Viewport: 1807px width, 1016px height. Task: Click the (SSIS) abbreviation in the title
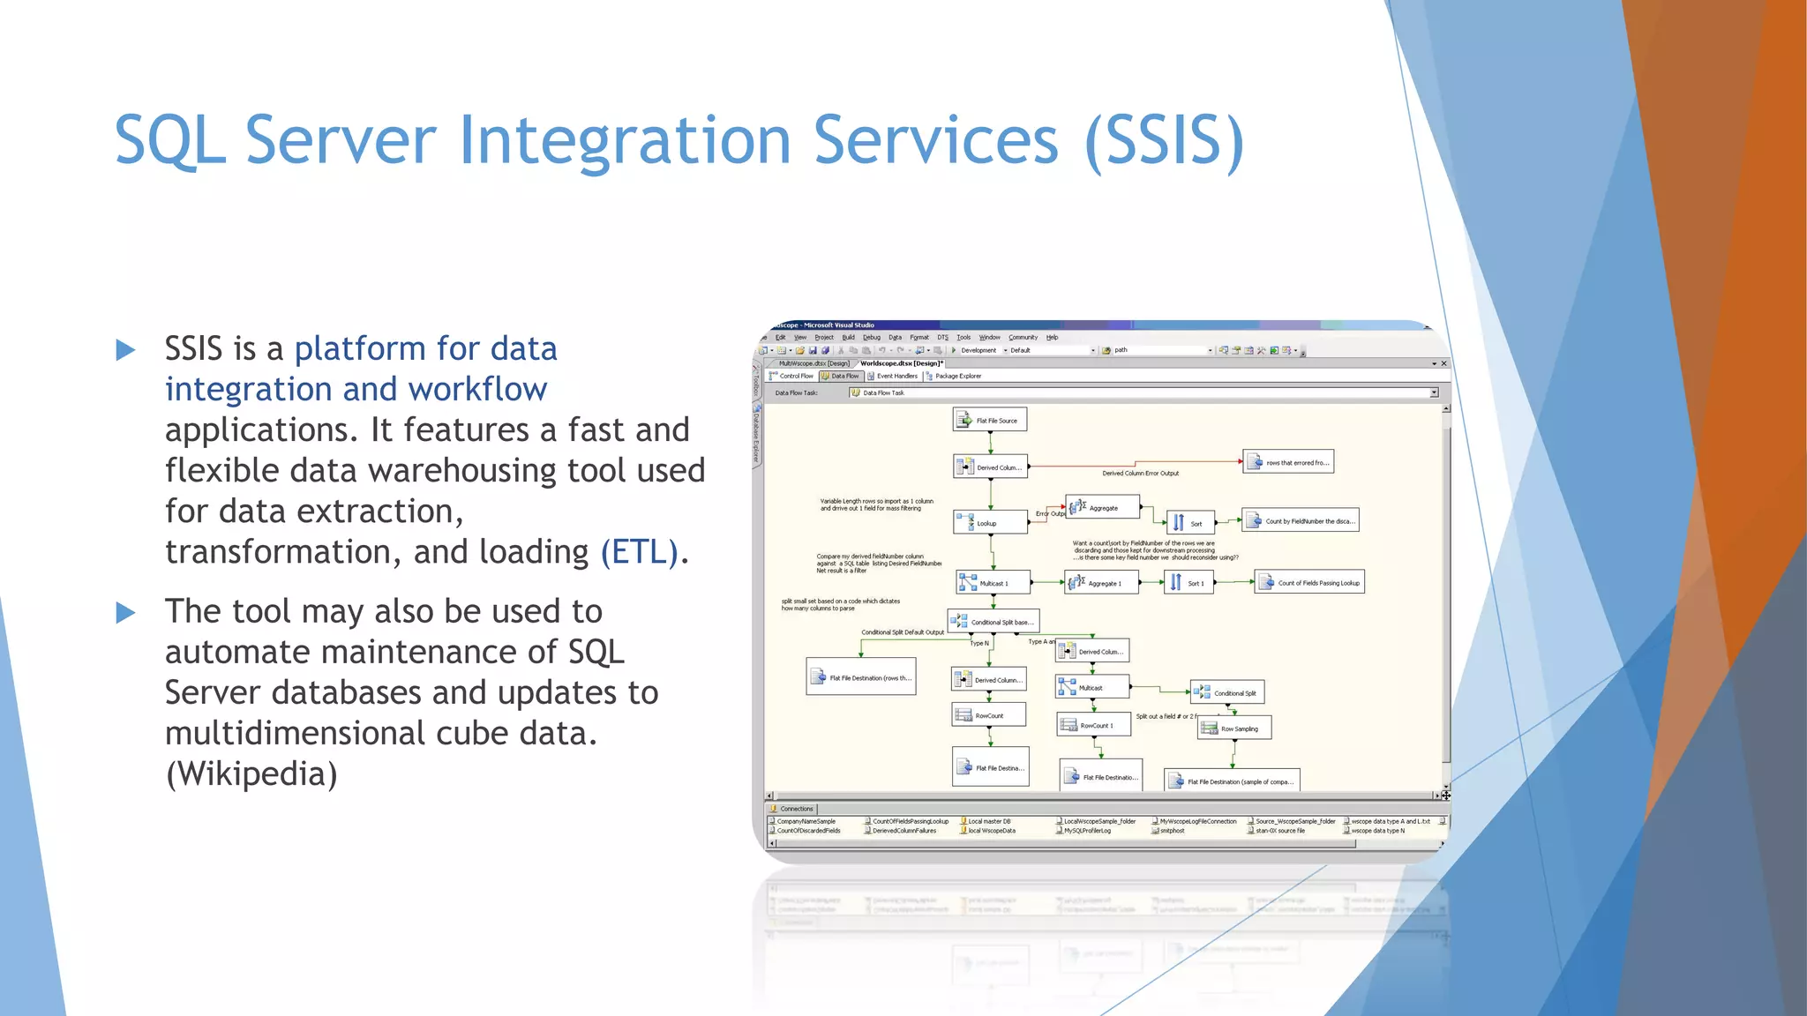pos(1164,141)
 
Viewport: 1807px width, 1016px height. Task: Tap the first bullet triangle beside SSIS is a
pos(126,350)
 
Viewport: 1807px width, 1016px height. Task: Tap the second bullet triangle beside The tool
pos(126,612)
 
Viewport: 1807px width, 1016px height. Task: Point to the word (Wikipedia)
pos(251,774)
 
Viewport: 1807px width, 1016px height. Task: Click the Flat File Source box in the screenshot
pos(989,420)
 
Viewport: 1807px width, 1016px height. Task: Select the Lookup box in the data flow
pos(989,523)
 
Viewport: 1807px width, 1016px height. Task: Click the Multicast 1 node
pos(993,583)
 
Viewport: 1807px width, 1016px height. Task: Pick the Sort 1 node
pos(1188,583)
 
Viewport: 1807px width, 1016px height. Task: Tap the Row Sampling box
pos(1233,728)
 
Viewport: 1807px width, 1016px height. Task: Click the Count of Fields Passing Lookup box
pos(1309,583)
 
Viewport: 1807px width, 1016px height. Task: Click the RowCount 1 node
pos(1093,725)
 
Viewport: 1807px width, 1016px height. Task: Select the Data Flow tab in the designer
pos(839,376)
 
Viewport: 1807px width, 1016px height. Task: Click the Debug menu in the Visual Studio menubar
pos(871,337)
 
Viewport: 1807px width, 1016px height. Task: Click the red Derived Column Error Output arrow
pos(1138,464)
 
